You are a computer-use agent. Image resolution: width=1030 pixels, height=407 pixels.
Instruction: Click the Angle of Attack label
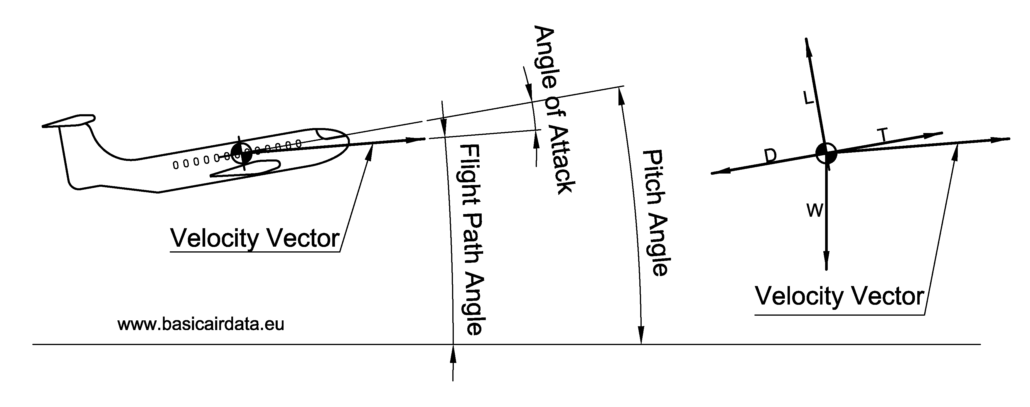point(554,110)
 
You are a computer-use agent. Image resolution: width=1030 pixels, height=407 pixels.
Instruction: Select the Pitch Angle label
point(656,213)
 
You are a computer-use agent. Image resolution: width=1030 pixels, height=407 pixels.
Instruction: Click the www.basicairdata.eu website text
point(201,324)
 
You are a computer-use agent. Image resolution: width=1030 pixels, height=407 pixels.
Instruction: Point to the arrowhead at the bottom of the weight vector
point(826,262)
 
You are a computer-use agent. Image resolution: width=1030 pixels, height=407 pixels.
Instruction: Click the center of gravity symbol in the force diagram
point(826,153)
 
